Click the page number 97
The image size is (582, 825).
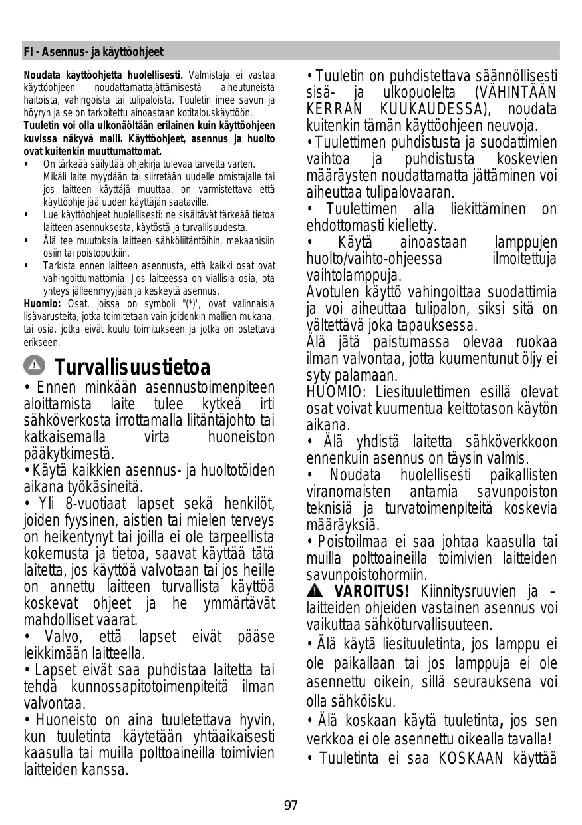291,806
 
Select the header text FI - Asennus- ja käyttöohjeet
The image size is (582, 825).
93,52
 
